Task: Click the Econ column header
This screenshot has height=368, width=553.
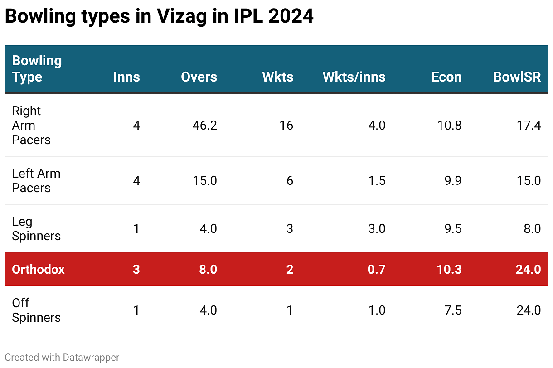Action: (x=446, y=77)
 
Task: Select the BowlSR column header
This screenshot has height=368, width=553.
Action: (x=517, y=77)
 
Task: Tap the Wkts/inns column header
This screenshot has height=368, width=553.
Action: (x=354, y=77)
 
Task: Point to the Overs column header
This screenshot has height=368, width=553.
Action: (x=199, y=77)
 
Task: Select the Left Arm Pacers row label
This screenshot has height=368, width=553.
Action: (x=36, y=181)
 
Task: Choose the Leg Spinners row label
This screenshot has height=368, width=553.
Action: (x=36, y=229)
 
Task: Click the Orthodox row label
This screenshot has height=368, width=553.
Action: (x=38, y=269)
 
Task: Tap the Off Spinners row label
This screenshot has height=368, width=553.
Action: (x=36, y=310)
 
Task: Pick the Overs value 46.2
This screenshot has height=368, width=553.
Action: (x=204, y=126)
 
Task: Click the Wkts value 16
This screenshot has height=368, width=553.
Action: (x=286, y=126)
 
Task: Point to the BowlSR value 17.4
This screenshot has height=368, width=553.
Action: (x=529, y=126)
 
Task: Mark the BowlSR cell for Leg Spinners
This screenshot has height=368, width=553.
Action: (x=532, y=229)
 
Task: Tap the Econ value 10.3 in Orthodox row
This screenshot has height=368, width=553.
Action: (x=450, y=269)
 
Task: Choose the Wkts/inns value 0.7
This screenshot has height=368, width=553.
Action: (x=377, y=269)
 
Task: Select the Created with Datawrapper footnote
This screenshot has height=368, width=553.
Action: (x=62, y=358)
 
